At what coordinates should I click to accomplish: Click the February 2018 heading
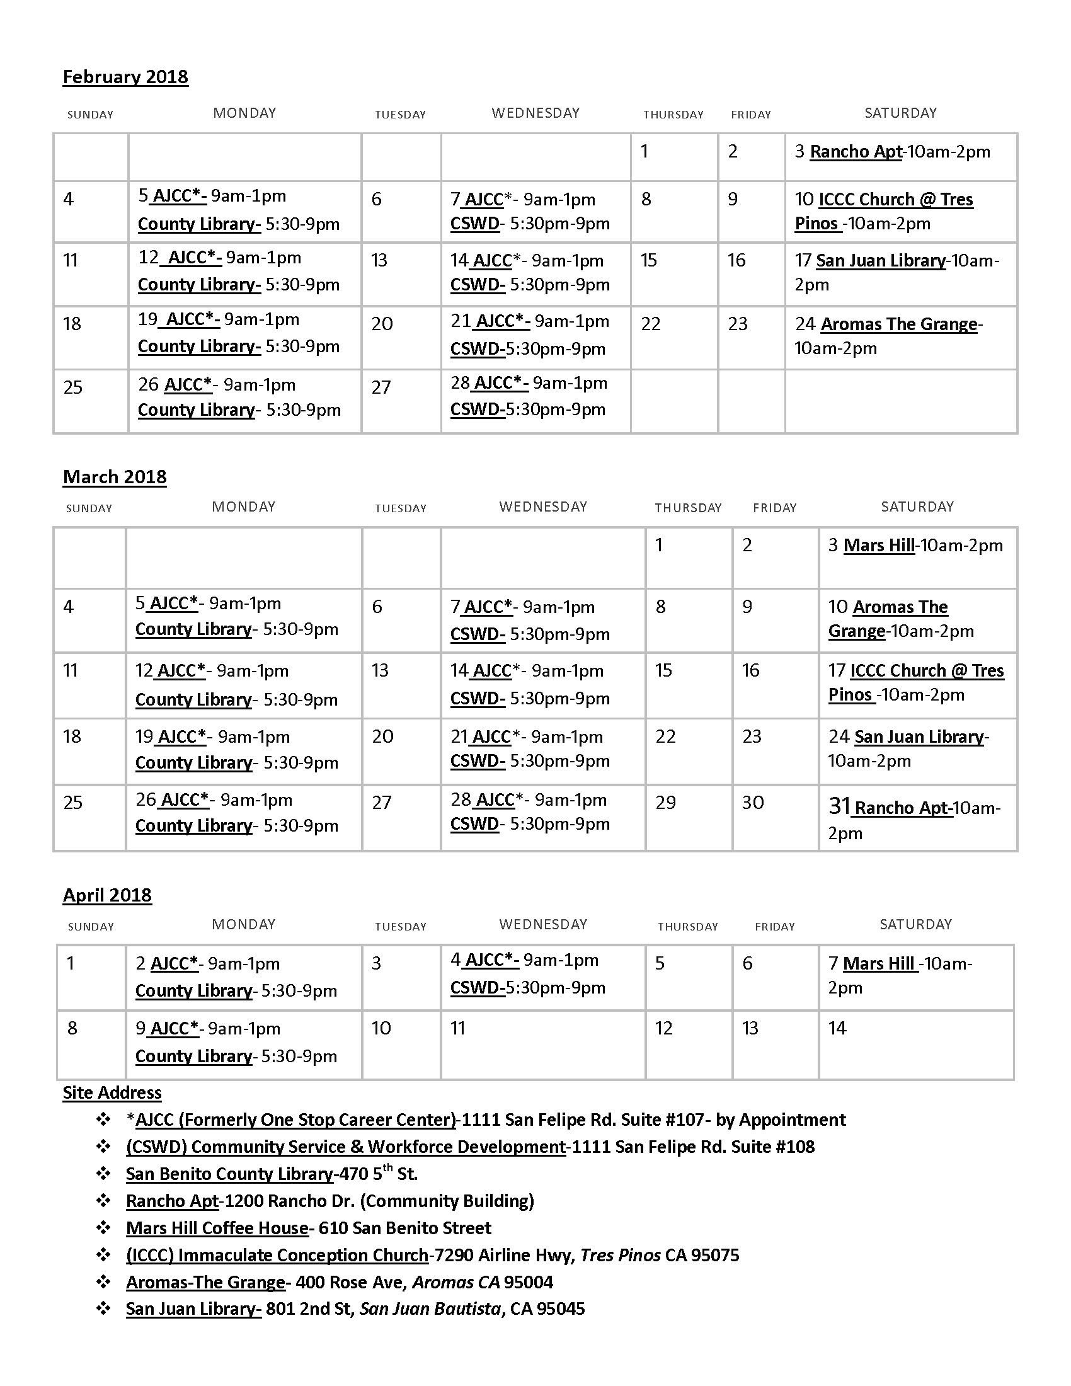click(125, 77)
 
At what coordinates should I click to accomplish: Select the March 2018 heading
click(114, 477)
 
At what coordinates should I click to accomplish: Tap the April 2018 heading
click(107, 895)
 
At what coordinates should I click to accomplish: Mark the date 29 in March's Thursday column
click(665, 803)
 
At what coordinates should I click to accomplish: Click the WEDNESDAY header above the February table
click(535, 113)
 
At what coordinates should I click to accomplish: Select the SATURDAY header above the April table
click(915, 924)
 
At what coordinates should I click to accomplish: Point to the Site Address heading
click(112, 1093)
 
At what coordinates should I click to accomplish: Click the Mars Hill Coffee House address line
click(308, 1228)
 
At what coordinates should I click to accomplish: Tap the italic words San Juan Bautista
click(431, 1309)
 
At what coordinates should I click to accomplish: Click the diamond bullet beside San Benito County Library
click(103, 1174)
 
